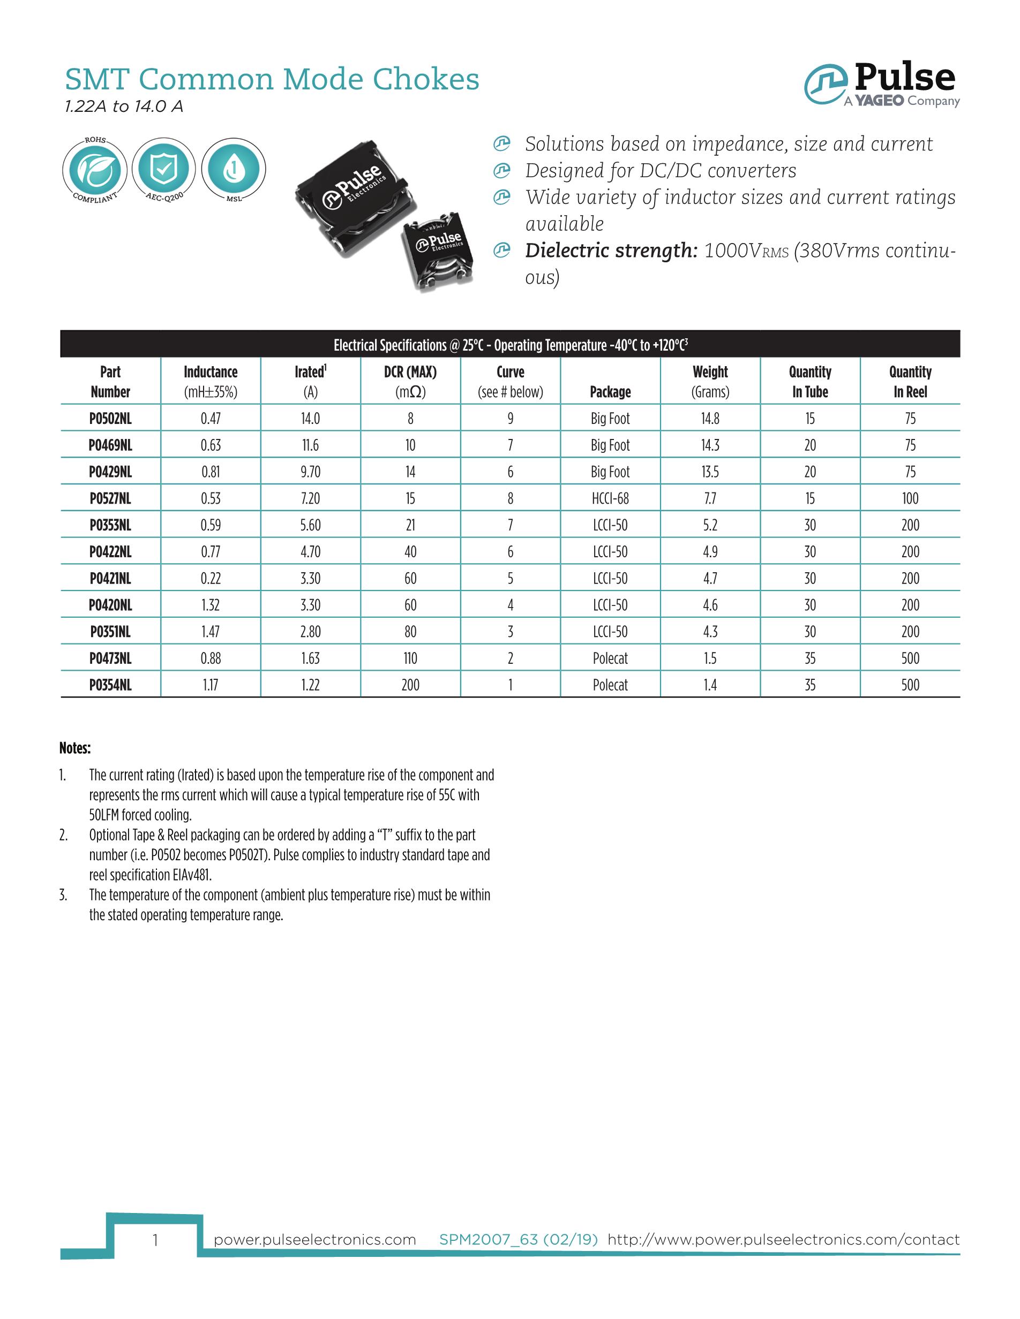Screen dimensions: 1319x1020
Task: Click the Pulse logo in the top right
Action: coord(882,85)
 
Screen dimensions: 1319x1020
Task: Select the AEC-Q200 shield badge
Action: coord(164,170)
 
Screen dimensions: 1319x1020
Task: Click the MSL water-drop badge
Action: coord(233,170)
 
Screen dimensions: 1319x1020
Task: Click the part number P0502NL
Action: coord(110,418)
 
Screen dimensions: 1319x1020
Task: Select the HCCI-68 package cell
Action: coord(610,498)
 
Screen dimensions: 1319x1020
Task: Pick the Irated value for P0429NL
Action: coord(311,472)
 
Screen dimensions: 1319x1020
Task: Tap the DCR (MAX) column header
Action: coord(410,381)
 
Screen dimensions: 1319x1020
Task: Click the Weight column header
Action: coord(710,381)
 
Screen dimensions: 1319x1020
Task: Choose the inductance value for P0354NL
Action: coord(211,685)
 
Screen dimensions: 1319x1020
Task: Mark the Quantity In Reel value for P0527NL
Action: coord(910,498)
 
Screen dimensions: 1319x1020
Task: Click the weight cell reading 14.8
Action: coord(710,418)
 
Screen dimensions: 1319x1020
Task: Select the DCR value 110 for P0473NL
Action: coord(410,658)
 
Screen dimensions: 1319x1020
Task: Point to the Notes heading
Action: coord(75,748)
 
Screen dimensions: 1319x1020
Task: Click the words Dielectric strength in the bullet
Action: coord(611,250)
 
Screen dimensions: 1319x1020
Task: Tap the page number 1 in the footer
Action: coord(155,1240)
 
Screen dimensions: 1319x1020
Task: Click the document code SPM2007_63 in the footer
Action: coord(487,1240)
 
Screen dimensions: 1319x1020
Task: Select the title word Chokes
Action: coord(426,79)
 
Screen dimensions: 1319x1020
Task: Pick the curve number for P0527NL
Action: coord(511,498)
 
